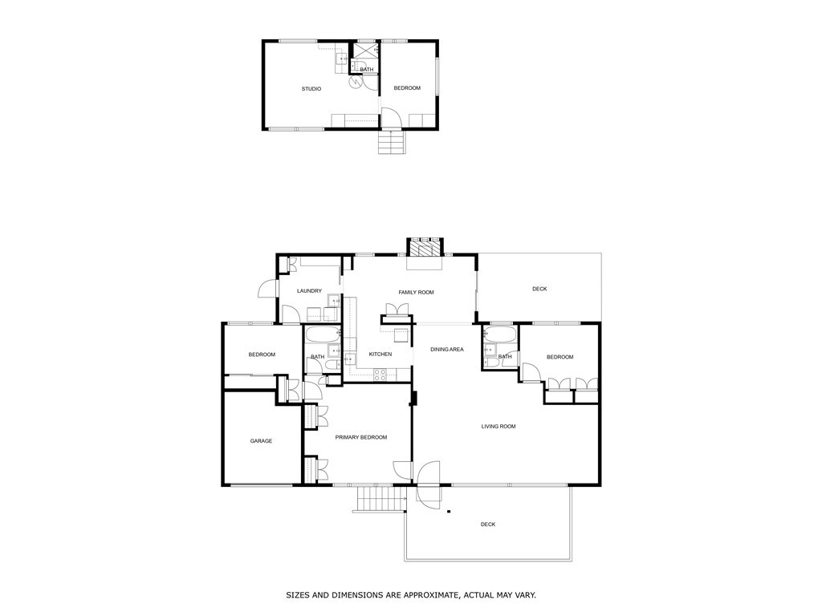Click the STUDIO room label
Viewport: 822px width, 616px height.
[311, 89]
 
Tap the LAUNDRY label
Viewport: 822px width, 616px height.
[309, 291]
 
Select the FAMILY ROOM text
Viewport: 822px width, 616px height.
[416, 293]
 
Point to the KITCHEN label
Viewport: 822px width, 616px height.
[380, 355]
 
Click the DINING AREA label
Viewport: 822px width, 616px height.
[447, 350]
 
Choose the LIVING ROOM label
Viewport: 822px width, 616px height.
[498, 427]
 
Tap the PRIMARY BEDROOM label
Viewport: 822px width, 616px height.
[360, 437]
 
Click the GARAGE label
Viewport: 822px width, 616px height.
[261, 441]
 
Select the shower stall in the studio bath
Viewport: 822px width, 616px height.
[366, 51]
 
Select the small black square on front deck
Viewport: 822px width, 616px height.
[449, 511]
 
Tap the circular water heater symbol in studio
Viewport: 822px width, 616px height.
[355, 82]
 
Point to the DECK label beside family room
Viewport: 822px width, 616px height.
[539, 289]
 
